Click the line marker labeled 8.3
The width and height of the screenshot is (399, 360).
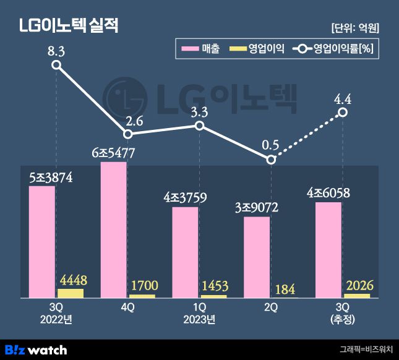point(56,64)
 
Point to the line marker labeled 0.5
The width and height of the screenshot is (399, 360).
point(271,160)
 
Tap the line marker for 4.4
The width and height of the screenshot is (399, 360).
point(343,113)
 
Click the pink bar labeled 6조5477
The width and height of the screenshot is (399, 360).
point(114,229)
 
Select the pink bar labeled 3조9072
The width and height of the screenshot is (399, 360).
point(257,257)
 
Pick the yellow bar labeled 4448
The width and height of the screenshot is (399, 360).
point(71,293)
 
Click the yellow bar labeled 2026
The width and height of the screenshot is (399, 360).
point(357,296)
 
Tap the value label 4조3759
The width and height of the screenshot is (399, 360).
point(185,198)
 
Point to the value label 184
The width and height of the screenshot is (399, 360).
point(285,289)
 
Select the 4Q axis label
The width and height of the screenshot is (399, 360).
point(128,307)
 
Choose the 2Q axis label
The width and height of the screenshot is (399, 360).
point(271,307)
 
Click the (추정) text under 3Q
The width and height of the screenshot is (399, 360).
point(343,319)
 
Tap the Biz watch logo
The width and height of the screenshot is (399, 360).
point(36,349)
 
